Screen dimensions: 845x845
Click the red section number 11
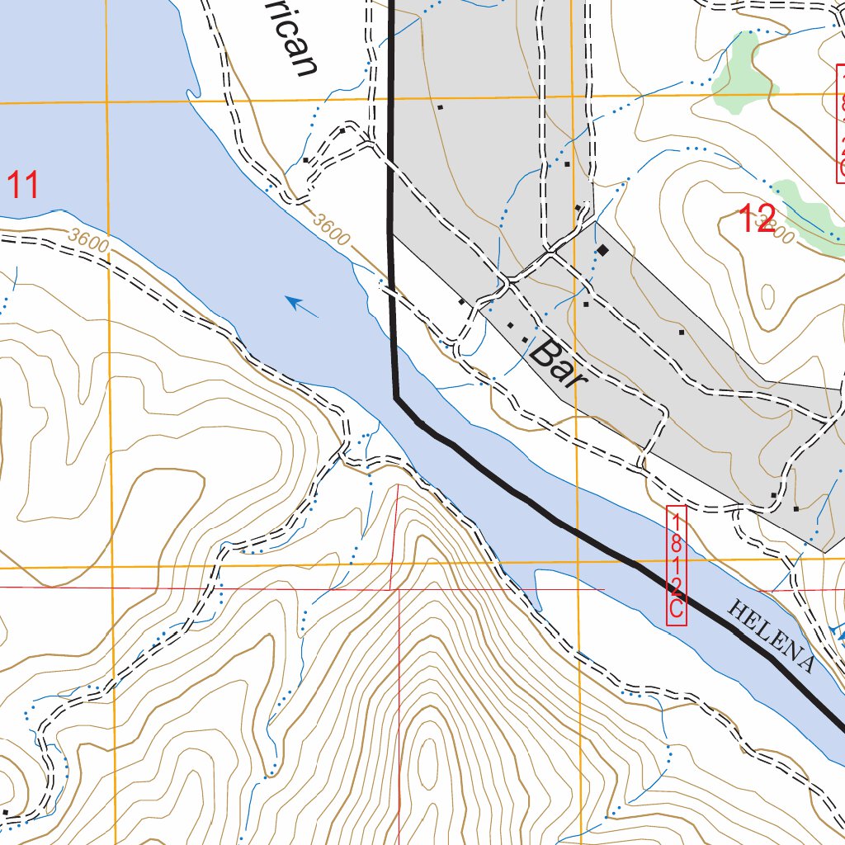[23, 185]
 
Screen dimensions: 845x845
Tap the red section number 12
[756, 220]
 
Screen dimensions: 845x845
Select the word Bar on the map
[558, 364]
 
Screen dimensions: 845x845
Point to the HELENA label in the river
[771, 636]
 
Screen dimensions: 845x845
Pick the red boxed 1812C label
[676, 565]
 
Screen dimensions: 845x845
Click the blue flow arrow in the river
[302, 306]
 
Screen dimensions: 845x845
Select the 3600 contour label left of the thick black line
[332, 230]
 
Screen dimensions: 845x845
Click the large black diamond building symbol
[603, 249]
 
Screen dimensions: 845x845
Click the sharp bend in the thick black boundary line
[398, 398]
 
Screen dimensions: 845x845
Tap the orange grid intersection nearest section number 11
[107, 101]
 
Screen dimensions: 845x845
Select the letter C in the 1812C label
[676, 609]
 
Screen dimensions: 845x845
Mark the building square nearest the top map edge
[441, 107]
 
